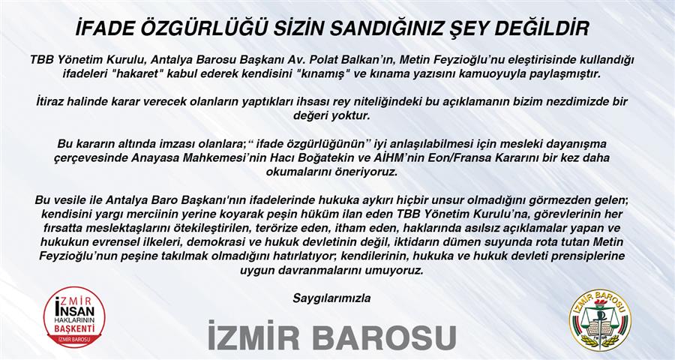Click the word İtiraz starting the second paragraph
coord(50,103)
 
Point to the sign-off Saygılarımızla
coord(332,298)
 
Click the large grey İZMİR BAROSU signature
coord(332,336)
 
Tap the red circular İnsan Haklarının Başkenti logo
coord(74,318)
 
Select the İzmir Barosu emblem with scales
coord(600,319)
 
